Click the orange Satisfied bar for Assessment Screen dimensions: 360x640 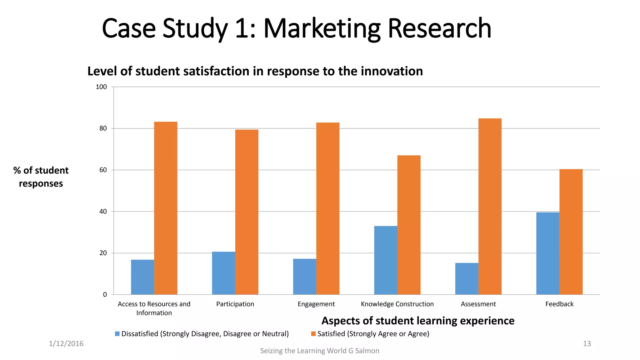[490, 206]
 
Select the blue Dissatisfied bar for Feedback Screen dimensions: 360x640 [547, 253]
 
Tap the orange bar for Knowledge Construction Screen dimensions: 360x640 [409, 225]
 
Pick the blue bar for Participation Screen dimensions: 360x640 [223, 273]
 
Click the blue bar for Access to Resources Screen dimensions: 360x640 [142, 277]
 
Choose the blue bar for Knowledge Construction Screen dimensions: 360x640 [386, 260]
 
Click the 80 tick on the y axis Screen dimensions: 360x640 [103, 128]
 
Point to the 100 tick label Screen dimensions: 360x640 [101, 87]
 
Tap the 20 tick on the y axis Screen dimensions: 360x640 [103, 253]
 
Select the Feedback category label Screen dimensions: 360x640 [559, 304]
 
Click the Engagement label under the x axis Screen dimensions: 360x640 [316, 304]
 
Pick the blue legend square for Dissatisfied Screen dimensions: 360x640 [117, 334]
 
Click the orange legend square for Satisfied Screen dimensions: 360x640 [313, 334]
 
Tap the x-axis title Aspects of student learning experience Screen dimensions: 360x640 [418, 321]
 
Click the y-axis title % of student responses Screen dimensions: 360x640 [41, 177]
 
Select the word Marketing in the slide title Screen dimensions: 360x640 [322, 29]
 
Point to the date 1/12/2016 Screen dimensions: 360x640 [66, 344]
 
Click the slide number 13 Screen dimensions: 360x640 [587, 344]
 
